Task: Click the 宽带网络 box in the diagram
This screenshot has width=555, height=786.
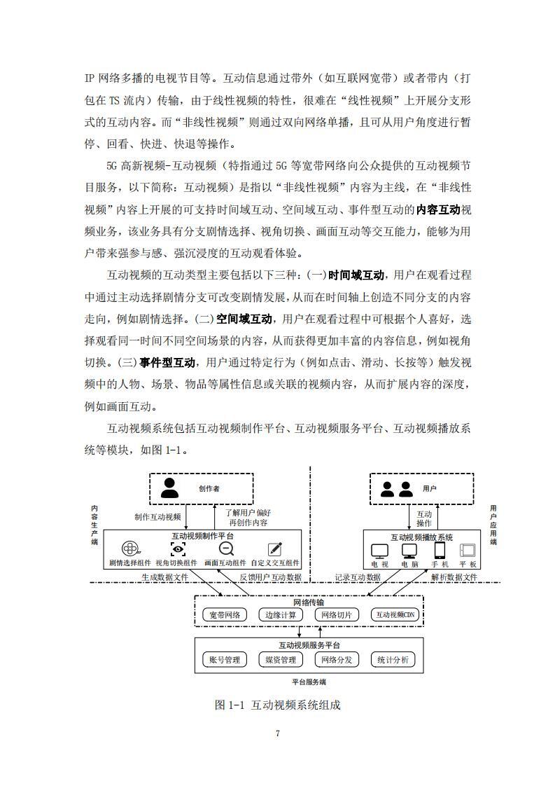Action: pyautogui.click(x=225, y=614)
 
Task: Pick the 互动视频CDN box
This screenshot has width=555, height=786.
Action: pyautogui.click(x=395, y=614)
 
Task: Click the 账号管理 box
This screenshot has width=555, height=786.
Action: pyautogui.click(x=225, y=659)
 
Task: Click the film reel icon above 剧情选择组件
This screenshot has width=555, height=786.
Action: pyautogui.click(x=130, y=549)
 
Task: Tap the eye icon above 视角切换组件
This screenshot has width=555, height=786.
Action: pyautogui.click(x=178, y=549)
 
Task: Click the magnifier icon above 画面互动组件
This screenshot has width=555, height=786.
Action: pyautogui.click(x=225, y=549)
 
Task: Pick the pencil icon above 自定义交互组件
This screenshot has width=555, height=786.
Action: pyautogui.click(x=274, y=549)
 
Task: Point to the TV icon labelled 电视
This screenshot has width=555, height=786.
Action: pyautogui.click(x=379, y=551)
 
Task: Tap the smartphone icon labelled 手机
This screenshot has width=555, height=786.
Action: pyautogui.click(x=440, y=550)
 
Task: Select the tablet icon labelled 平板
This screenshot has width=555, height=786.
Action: pyautogui.click(x=468, y=551)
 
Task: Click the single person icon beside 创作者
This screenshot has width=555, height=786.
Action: pyautogui.click(x=169, y=488)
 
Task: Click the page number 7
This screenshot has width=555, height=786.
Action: pyautogui.click(x=278, y=733)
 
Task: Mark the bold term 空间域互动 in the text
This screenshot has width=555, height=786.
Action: pyautogui.click(x=244, y=319)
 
